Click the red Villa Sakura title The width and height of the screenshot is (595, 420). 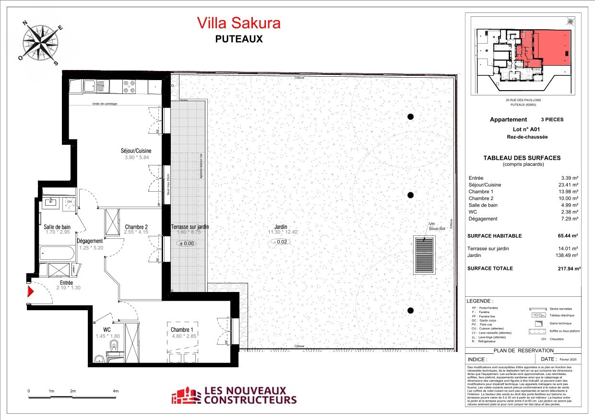(238, 23)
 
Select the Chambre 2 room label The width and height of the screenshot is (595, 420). (136, 227)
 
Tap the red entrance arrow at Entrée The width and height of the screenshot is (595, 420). (30, 292)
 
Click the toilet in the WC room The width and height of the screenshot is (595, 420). (114, 347)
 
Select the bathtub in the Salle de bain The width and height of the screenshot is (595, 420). (57, 253)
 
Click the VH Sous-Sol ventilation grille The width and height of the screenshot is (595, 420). (425, 255)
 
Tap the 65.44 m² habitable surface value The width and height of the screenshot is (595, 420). (568, 236)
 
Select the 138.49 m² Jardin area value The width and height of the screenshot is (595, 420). (568, 255)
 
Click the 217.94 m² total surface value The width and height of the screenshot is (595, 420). (568, 268)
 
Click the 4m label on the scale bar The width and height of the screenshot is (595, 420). (116, 391)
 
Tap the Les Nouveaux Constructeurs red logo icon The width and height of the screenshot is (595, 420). (187, 396)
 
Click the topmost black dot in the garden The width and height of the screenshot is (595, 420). (410, 117)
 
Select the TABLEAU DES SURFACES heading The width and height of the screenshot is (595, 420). (522, 158)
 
